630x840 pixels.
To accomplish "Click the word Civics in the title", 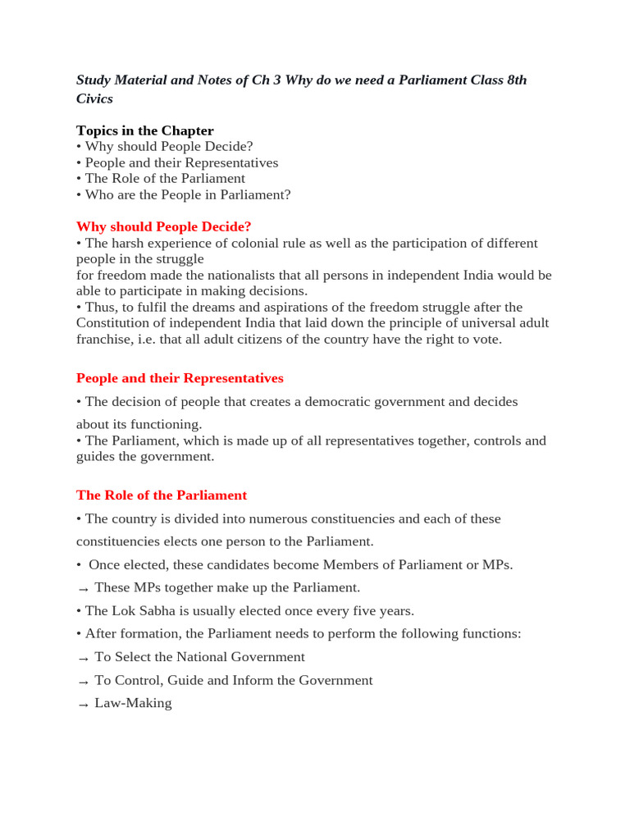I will (x=94, y=98).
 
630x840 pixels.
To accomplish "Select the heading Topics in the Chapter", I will (x=144, y=130).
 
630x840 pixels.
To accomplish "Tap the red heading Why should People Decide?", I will (x=163, y=226).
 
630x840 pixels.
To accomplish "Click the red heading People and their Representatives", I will (x=180, y=378).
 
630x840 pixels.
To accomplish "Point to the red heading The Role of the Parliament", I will (x=162, y=495).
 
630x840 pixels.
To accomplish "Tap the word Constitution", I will (x=115, y=323).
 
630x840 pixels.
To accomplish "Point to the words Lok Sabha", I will (x=147, y=611).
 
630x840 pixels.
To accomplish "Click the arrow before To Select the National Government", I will (x=83, y=659).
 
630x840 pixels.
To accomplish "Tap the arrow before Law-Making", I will (x=83, y=705).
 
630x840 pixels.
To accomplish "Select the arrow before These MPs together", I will (x=83, y=589).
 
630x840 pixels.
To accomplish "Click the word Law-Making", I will (x=134, y=703).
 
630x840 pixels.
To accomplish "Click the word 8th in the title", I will (x=515, y=80).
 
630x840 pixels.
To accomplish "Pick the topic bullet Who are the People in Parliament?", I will (x=188, y=194).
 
